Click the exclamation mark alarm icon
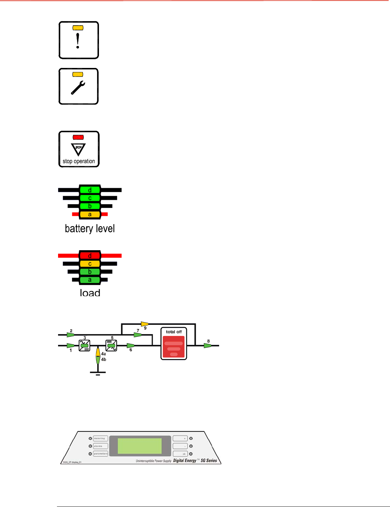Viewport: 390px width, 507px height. click(x=78, y=41)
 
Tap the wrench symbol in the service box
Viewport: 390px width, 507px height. click(x=78, y=88)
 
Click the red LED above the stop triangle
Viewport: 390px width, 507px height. click(x=78, y=137)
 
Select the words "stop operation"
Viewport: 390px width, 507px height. click(x=79, y=161)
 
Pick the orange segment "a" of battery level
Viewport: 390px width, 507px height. click(x=90, y=214)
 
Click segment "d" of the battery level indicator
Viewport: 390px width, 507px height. click(x=90, y=190)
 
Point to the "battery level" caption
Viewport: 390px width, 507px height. click(x=90, y=229)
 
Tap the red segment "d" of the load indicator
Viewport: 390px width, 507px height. click(x=90, y=256)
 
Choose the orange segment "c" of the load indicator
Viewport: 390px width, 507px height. click(x=90, y=264)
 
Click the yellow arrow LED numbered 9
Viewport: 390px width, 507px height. click(x=145, y=324)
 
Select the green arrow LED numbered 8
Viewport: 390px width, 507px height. click(x=208, y=346)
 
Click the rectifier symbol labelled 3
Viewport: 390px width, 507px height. click(x=85, y=346)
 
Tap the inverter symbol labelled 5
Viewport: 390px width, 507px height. click(x=111, y=346)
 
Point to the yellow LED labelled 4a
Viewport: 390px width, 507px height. click(x=98, y=352)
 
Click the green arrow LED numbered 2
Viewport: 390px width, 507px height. click(x=70, y=335)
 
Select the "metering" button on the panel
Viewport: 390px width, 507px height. click(x=100, y=438)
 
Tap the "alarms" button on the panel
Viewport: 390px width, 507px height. click(x=100, y=446)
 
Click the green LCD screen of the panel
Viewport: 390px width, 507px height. click(x=139, y=446)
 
